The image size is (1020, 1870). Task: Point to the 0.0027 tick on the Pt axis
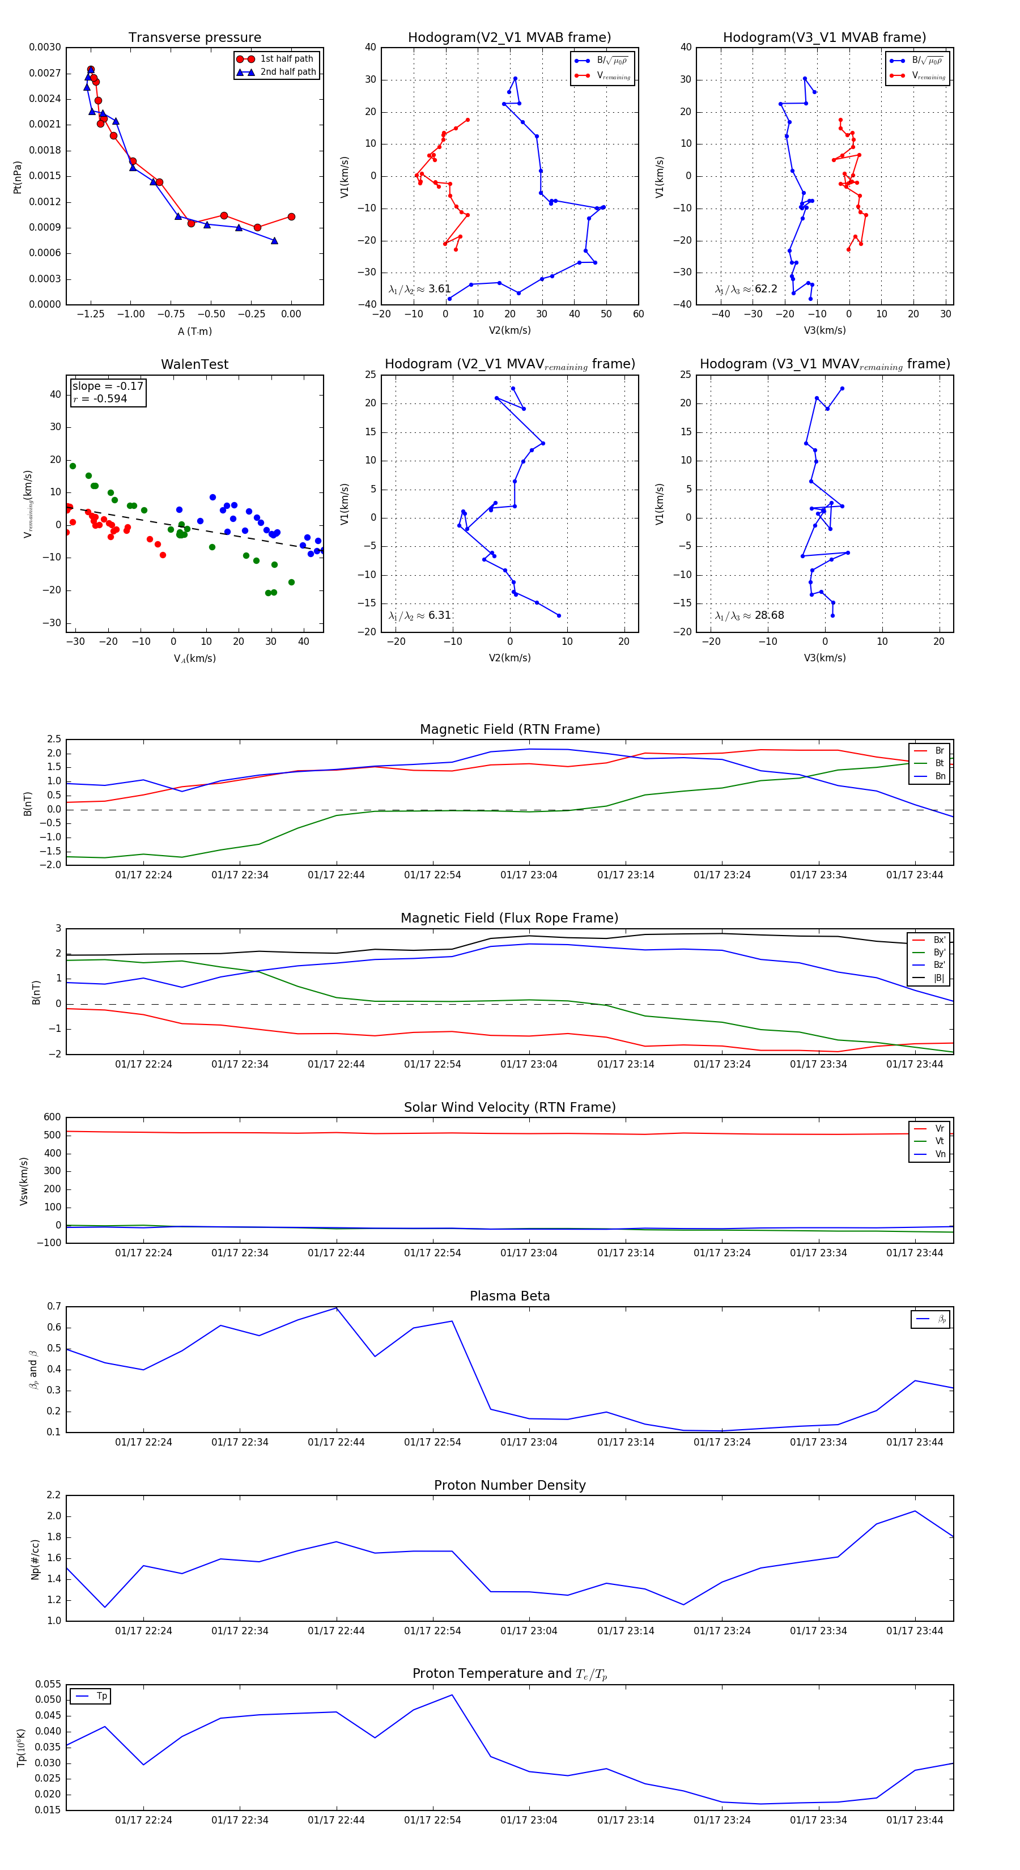pos(45,73)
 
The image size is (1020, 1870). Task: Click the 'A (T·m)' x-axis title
pos(194,331)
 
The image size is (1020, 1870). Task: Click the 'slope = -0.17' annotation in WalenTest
pos(108,386)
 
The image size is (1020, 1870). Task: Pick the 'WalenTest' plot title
pos(194,364)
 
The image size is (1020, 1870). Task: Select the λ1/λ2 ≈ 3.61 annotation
pos(419,289)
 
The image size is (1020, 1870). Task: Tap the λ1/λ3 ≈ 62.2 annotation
pos(746,289)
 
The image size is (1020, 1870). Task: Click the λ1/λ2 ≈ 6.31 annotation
pos(419,615)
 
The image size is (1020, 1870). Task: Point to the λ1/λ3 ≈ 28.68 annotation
pos(749,615)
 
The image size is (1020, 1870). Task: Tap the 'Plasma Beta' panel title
pos(509,1297)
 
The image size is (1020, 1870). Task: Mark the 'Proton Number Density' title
pos(509,1485)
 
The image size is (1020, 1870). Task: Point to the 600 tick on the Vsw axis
pos(52,1117)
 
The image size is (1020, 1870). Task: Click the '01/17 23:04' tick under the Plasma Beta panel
pos(529,1442)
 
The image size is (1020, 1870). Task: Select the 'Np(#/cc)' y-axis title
pos(35,1559)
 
